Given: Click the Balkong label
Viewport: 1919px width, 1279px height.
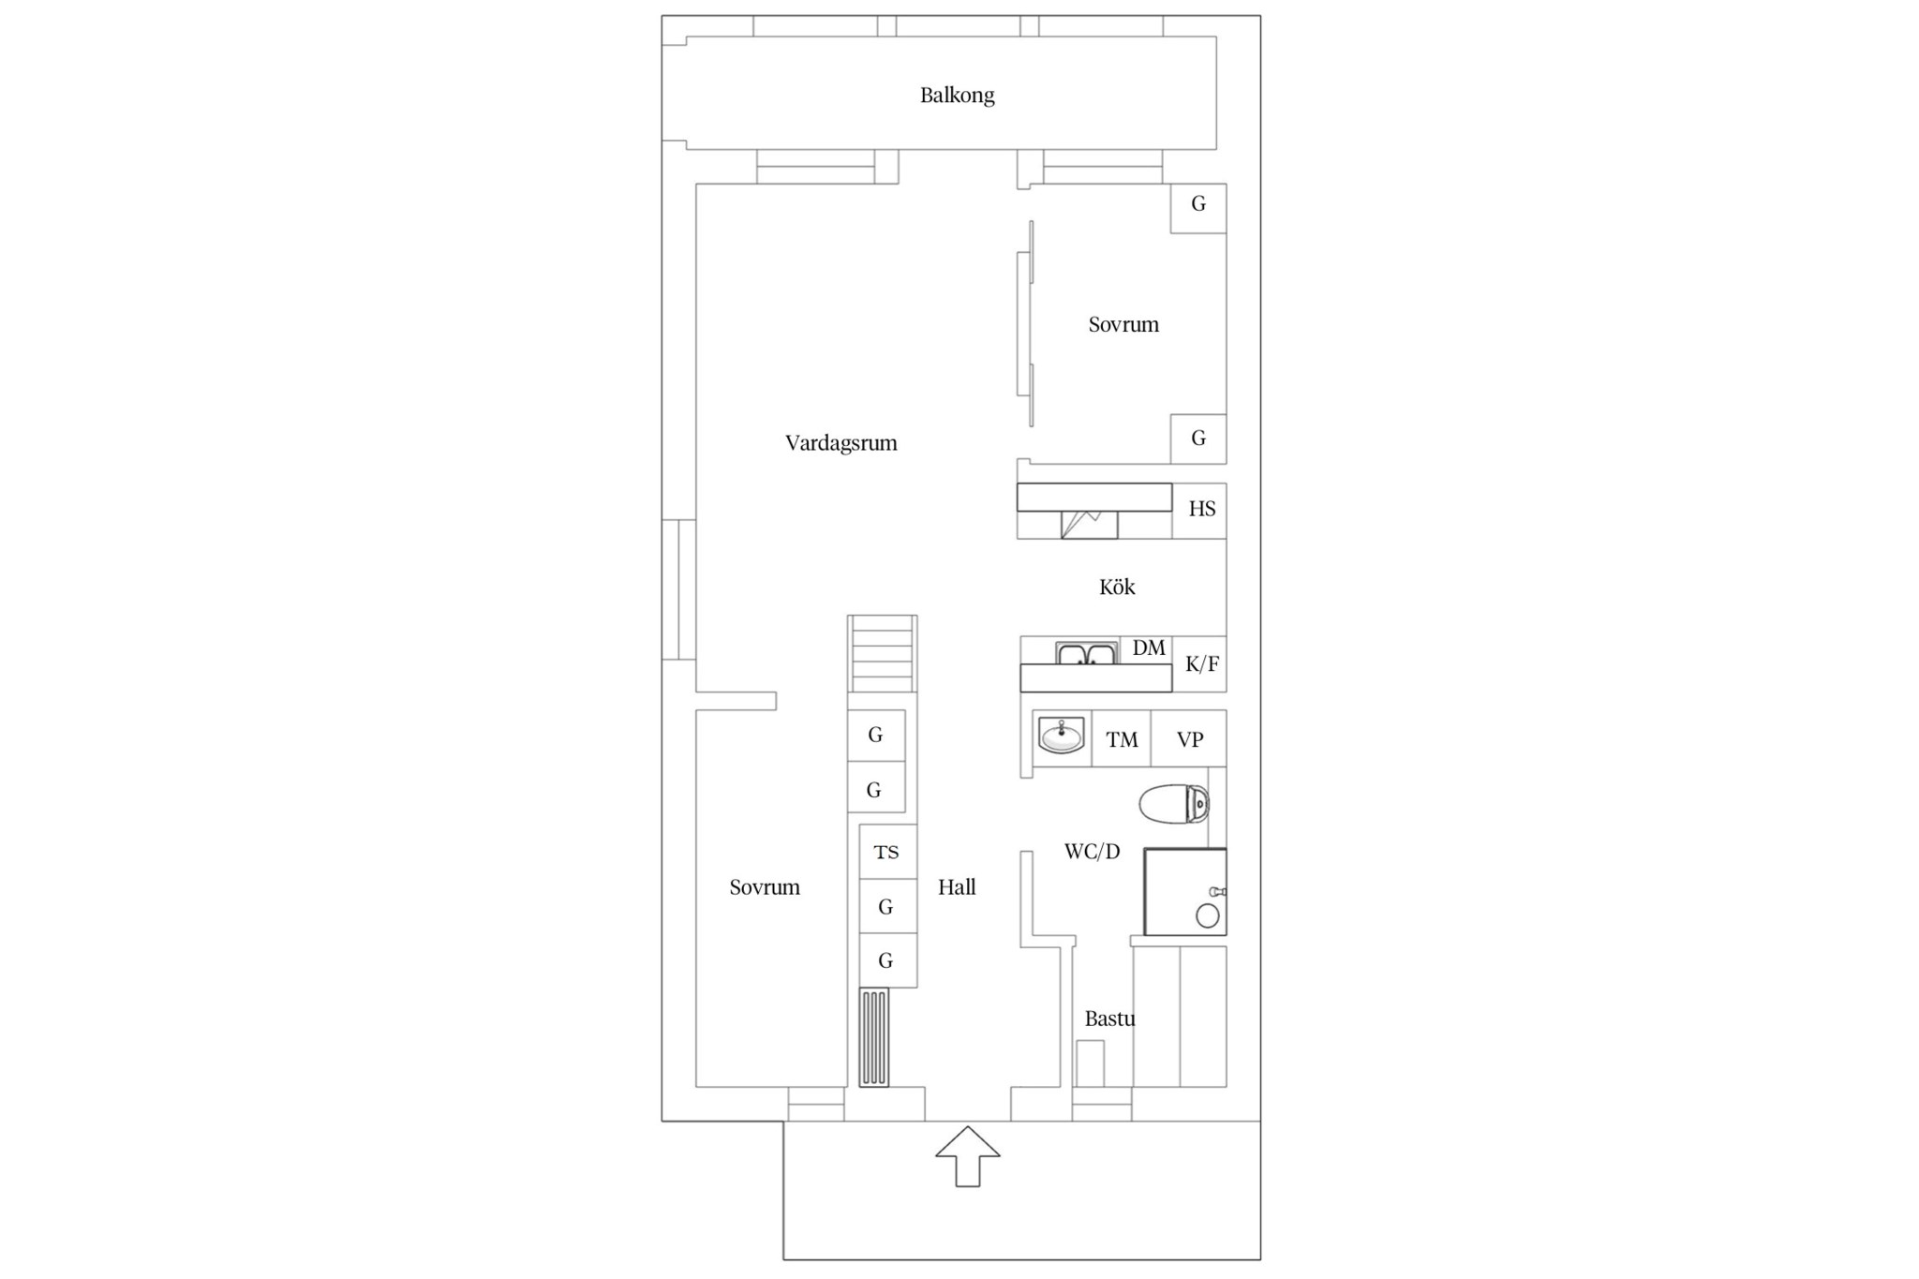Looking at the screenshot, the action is pyautogui.click(x=957, y=96).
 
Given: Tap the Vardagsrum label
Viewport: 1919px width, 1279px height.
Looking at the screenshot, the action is pyautogui.click(x=840, y=443).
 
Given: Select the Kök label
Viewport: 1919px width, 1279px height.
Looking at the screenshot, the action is pyautogui.click(x=1117, y=587).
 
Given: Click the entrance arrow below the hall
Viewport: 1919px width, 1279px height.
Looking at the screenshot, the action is pyautogui.click(x=967, y=1156).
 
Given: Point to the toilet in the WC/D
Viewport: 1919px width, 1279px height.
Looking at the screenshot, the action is pyautogui.click(x=1174, y=804).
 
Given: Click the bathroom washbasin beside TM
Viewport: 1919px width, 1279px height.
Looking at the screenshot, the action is pyautogui.click(x=1062, y=736).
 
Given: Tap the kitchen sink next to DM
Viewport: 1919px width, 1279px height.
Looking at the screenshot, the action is pyautogui.click(x=1087, y=653).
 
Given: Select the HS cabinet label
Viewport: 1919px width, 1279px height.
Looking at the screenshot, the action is pyautogui.click(x=1202, y=509).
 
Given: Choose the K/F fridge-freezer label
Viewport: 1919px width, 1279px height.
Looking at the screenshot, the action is pyautogui.click(x=1202, y=664).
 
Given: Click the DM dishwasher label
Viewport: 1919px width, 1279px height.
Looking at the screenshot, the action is pyautogui.click(x=1149, y=647).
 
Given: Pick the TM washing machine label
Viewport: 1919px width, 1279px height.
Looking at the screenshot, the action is pyautogui.click(x=1122, y=740).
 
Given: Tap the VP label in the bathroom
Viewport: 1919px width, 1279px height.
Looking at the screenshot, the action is pyautogui.click(x=1190, y=739).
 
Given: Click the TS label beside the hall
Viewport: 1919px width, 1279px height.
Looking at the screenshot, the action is pyautogui.click(x=886, y=852).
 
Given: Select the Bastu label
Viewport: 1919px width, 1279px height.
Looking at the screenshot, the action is pyautogui.click(x=1109, y=1019).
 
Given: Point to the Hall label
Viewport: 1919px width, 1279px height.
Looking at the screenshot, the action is pyautogui.click(x=957, y=887).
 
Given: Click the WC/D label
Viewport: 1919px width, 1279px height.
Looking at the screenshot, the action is pyautogui.click(x=1092, y=852).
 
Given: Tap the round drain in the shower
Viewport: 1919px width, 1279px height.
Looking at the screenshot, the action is pyautogui.click(x=1208, y=915).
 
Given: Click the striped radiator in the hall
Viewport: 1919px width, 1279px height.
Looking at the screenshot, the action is pyautogui.click(x=874, y=1037).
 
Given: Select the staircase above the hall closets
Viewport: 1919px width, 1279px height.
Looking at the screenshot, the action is pyautogui.click(x=882, y=653).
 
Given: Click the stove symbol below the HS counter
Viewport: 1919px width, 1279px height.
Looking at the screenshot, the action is pyautogui.click(x=1089, y=524).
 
